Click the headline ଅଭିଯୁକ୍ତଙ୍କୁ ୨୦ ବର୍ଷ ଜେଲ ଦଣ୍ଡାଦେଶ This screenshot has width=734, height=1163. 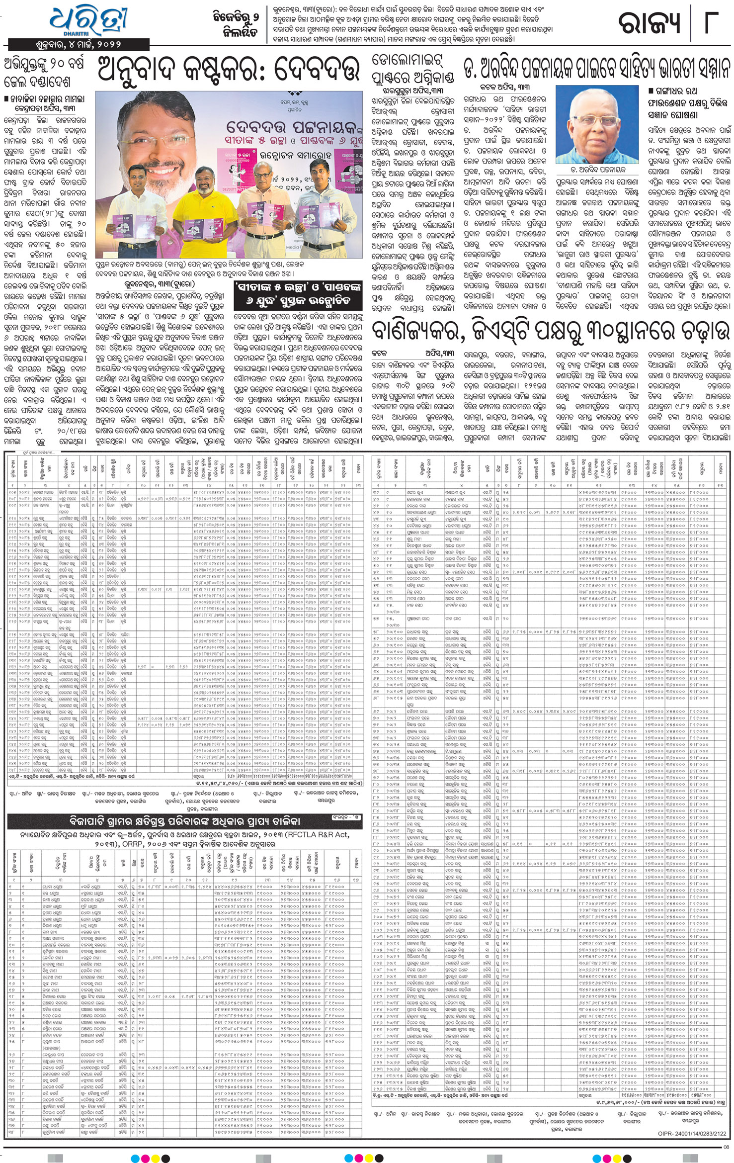45,73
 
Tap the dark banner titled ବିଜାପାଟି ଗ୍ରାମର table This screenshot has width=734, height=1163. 184,821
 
